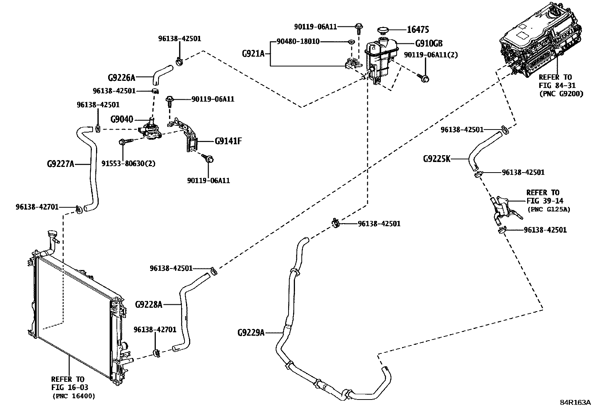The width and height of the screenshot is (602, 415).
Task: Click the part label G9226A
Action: coord(121,78)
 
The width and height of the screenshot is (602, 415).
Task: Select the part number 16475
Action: coord(417,30)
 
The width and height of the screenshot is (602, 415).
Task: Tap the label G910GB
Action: coord(428,43)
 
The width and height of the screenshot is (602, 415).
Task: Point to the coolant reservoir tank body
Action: coord(380,60)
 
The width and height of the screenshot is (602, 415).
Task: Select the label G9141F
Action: coord(228,141)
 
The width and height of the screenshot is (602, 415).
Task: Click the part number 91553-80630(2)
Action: coord(129,164)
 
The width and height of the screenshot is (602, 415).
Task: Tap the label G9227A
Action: coord(60,164)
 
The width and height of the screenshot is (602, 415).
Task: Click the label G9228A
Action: coord(148,304)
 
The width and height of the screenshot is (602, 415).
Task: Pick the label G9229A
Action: coord(251,333)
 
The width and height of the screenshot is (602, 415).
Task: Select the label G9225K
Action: coord(436,159)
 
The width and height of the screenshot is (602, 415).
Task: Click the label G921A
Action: coord(253,54)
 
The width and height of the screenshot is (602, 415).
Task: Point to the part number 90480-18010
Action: coord(298,42)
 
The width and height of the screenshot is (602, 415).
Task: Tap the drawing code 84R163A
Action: coord(575,402)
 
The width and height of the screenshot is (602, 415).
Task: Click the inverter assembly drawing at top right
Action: coord(541,38)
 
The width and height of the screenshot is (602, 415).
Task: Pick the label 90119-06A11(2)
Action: coord(431,55)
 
